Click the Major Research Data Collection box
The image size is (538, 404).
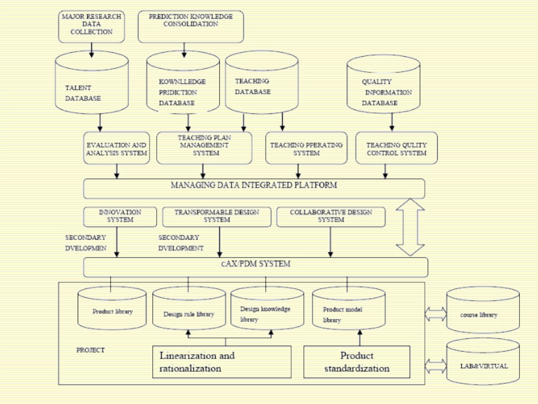pyautogui.click(x=91, y=25)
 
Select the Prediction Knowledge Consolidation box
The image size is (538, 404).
pyautogui.click(x=191, y=26)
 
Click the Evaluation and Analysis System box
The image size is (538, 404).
pyautogui.click(x=117, y=149)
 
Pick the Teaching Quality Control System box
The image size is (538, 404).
pyautogui.click(x=396, y=149)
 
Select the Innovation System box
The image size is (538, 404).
pyautogui.click(x=119, y=216)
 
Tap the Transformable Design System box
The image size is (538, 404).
pyautogui.click(x=216, y=216)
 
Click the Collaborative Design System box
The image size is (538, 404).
pyautogui.click(x=331, y=216)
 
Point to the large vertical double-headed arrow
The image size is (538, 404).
pyautogui.click(x=410, y=227)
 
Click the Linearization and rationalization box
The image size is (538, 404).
pyautogui.click(x=221, y=362)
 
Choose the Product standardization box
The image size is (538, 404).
pyautogui.click(x=357, y=362)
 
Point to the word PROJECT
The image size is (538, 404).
pyautogui.click(x=91, y=350)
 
